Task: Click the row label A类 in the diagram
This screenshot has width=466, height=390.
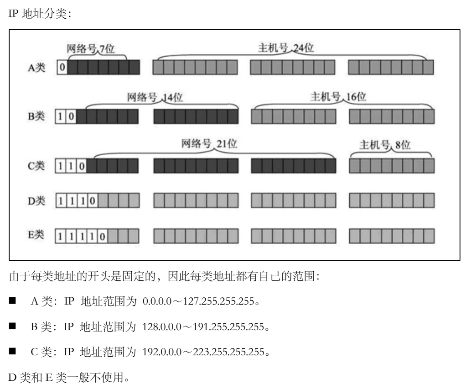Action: click(x=36, y=68)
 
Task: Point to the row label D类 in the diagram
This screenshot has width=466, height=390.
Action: click(x=36, y=200)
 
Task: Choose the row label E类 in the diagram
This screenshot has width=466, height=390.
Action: click(x=36, y=236)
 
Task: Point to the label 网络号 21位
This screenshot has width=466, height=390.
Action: click(x=209, y=144)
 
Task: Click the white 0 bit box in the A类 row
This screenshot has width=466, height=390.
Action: click(x=62, y=68)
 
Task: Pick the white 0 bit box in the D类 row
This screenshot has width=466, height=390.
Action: click(x=92, y=200)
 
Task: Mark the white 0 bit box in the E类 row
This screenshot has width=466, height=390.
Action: click(x=102, y=236)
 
